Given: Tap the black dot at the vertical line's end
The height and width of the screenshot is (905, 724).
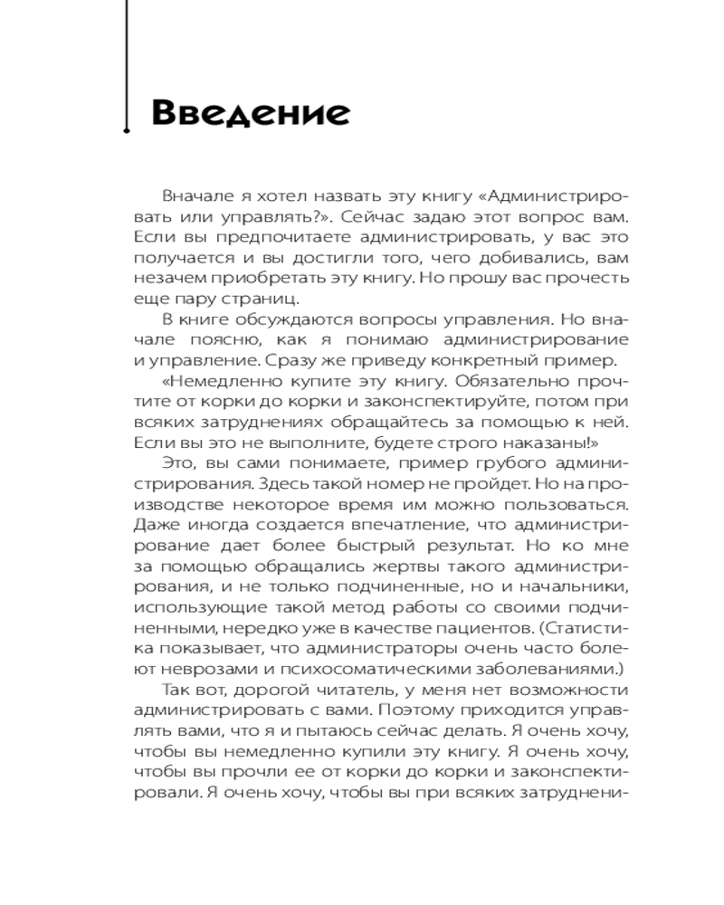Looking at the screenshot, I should (127, 131).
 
